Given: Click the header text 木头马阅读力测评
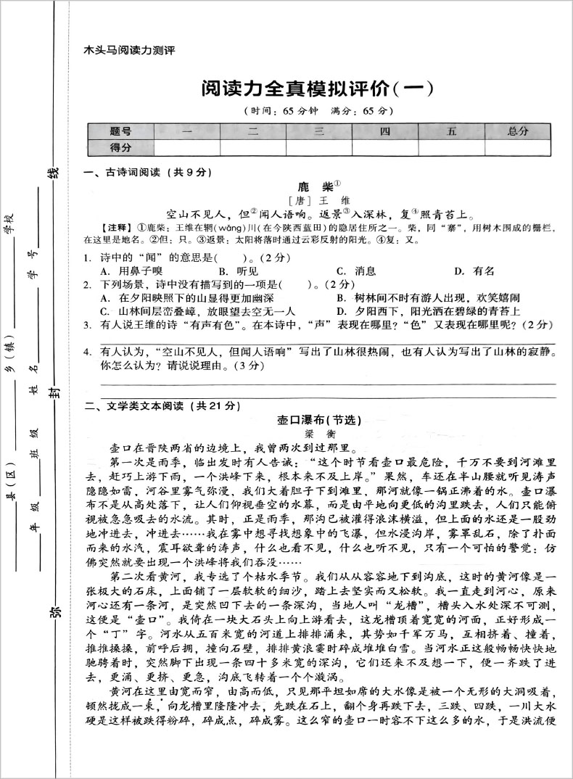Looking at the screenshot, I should (x=130, y=51).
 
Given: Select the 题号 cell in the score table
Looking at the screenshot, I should (x=120, y=131).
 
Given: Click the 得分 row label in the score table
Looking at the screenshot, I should (x=120, y=147).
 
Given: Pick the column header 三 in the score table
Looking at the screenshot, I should (x=318, y=131).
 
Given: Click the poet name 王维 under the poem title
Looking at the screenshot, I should (x=319, y=200).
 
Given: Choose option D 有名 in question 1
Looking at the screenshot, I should (x=474, y=271).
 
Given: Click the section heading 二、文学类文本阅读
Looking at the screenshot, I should (x=157, y=406).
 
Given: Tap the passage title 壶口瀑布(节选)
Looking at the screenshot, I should (x=319, y=420).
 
